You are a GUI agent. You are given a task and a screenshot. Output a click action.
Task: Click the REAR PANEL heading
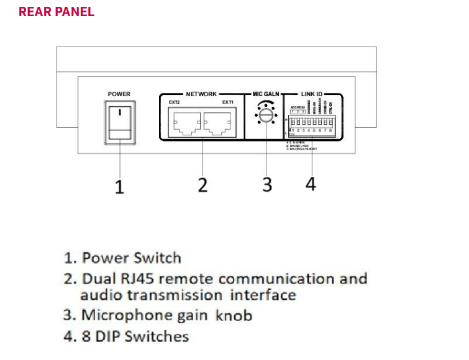[57, 12]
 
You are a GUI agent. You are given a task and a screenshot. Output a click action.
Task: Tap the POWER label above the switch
[119, 94]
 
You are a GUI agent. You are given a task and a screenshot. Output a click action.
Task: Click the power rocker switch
[119, 122]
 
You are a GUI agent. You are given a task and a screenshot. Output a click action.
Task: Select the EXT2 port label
[173, 101]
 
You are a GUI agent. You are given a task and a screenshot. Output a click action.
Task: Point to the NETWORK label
[201, 94]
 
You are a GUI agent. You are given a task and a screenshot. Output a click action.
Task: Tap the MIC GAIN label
[266, 94]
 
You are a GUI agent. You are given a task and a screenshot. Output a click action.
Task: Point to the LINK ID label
[312, 94]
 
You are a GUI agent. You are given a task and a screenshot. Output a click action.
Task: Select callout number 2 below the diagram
[203, 185]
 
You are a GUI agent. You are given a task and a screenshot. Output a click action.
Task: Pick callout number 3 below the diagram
[266, 184]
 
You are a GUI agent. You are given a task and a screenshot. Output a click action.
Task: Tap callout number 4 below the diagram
[311, 184]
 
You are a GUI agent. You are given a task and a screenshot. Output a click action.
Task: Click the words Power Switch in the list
[131, 258]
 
